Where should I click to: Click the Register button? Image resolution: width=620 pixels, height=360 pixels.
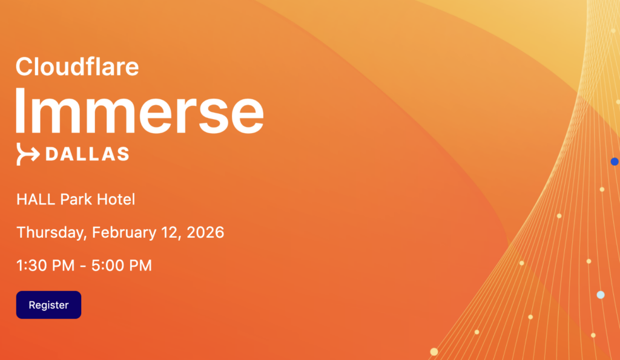[48, 305]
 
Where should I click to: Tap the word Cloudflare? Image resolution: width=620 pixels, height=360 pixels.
[77, 66]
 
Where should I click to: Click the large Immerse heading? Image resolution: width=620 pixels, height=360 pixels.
[139, 110]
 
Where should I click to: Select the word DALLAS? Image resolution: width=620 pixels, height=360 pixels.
[87, 154]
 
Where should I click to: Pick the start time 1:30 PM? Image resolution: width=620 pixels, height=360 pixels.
[44, 266]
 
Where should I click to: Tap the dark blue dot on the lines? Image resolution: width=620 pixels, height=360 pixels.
[615, 162]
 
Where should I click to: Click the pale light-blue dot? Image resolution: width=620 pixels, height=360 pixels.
[601, 295]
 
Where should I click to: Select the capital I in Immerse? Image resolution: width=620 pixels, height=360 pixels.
[20, 110]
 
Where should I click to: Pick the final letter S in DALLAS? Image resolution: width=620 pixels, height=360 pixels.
[122, 154]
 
